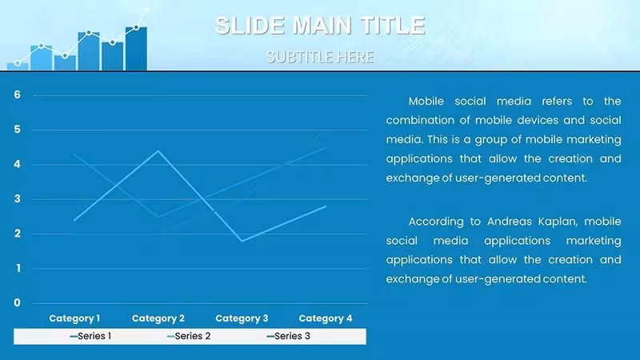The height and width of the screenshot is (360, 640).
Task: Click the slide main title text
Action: click(x=321, y=26)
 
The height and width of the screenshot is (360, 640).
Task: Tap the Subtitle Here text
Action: click(x=320, y=57)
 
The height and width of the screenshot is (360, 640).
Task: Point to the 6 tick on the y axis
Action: click(x=17, y=94)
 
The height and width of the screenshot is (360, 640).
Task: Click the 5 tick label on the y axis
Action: click(x=17, y=130)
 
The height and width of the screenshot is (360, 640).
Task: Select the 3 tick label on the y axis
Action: click(x=17, y=198)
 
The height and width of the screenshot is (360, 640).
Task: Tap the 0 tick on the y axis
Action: click(x=17, y=303)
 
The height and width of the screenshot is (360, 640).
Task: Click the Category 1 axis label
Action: click(x=74, y=318)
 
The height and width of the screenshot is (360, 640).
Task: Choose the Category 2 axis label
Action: click(x=158, y=318)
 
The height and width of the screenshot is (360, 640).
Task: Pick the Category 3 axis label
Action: click(x=242, y=318)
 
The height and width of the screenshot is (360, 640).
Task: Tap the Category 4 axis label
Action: click(x=326, y=318)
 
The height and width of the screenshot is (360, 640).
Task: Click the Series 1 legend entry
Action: click(x=90, y=336)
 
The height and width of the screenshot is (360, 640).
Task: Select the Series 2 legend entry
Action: click(x=189, y=336)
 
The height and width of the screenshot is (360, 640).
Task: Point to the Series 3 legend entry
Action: click(x=289, y=336)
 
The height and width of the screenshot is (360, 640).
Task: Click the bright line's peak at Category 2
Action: click(x=158, y=151)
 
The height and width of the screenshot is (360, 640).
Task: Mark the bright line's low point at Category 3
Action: click(x=242, y=241)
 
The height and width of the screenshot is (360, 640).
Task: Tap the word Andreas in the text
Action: click(x=507, y=222)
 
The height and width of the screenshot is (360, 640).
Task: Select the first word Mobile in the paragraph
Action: click(x=426, y=102)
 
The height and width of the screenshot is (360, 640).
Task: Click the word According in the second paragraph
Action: click(x=436, y=222)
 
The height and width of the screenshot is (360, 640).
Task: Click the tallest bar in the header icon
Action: click(x=136, y=49)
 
